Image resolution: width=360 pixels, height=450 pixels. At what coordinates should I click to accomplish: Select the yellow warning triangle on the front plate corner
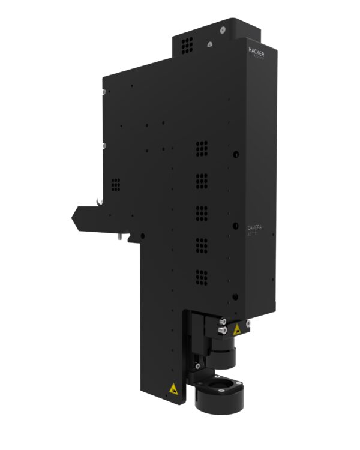tap(174, 388)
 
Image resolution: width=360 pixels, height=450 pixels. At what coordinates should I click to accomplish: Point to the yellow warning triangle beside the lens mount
tap(238, 329)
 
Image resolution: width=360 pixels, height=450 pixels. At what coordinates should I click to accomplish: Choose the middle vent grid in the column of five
tap(202, 212)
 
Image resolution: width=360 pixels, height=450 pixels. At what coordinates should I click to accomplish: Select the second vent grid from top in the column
tap(202, 180)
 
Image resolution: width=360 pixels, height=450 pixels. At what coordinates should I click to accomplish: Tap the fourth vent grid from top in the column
tap(202, 245)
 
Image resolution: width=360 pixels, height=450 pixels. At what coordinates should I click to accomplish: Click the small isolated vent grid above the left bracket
tap(116, 184)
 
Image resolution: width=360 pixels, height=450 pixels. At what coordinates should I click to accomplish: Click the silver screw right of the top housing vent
tap(209, 44)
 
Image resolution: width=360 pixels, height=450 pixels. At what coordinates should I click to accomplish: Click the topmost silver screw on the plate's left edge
tap(104, 92)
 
